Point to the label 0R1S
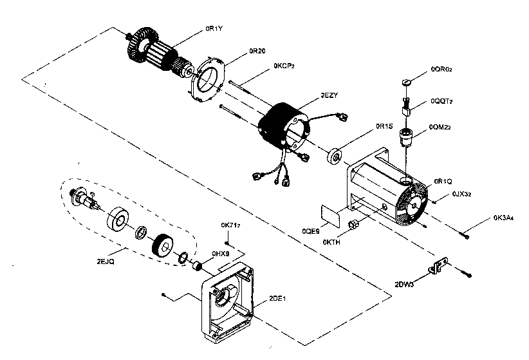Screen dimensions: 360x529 pyautogui.click(x=384, y=126)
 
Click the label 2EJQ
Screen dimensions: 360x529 pyautogui.click(x=106, y=262)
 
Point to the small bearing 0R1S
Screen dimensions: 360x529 pyautogui.click(x=335, y=156)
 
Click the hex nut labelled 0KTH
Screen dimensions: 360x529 pyautogui.click(x=353, y=225)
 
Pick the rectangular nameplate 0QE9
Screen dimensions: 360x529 pyautogui.click(x=332, y=214)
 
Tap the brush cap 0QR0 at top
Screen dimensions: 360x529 pyautogui.click(x=405, y=82)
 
